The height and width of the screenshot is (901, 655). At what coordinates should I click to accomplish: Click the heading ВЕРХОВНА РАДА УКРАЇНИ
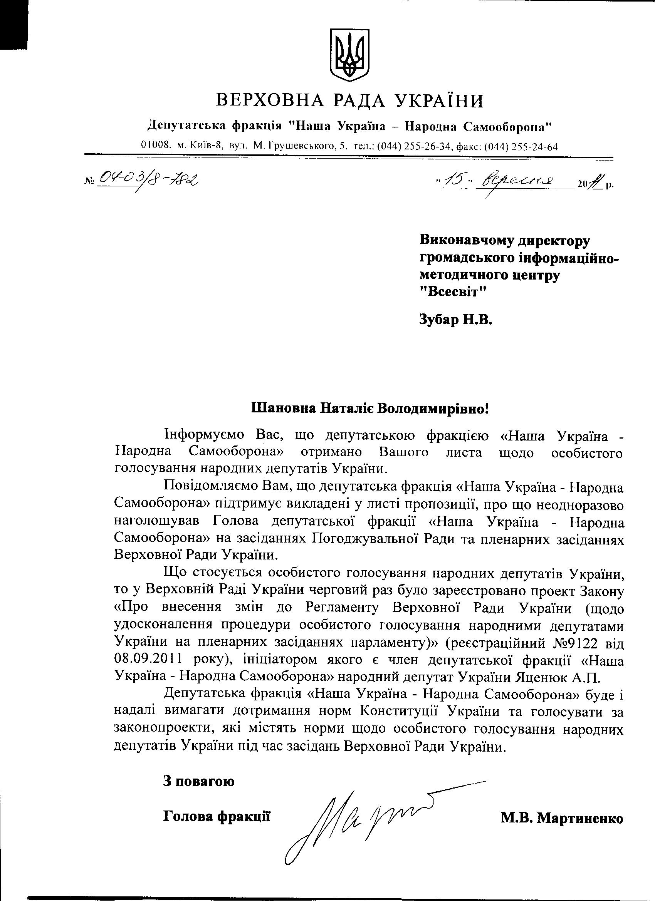(x=350, y=101)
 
